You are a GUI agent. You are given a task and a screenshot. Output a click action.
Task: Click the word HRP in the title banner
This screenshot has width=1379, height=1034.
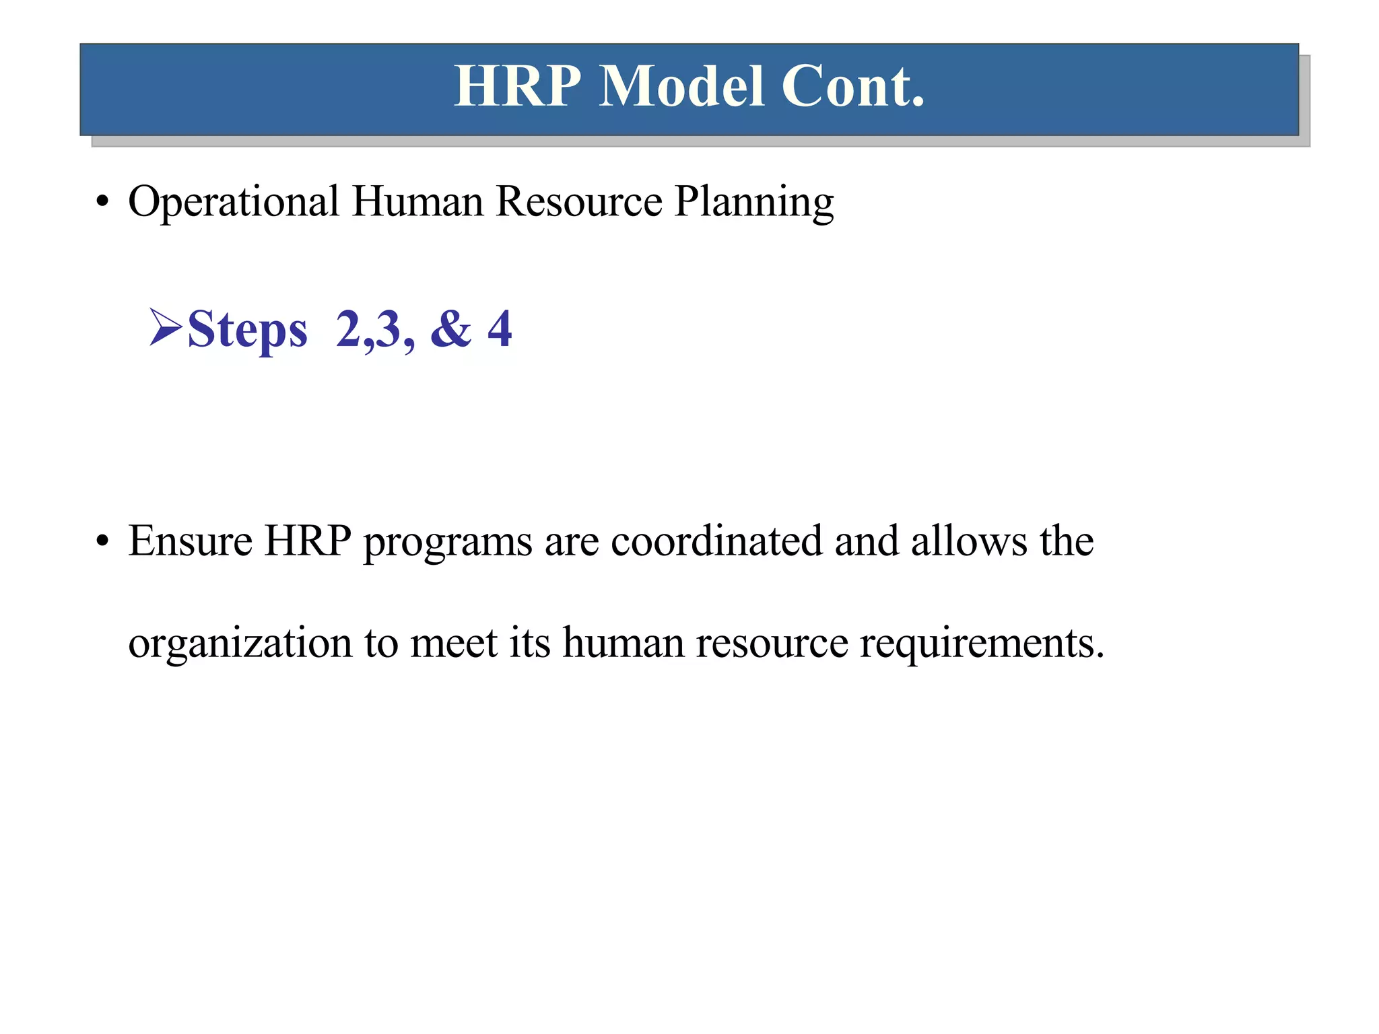[x=517, y=87]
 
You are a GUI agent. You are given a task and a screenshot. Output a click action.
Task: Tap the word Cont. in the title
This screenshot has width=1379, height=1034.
[x=853, y=87]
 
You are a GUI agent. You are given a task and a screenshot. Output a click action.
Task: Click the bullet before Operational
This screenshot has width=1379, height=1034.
[x=102, y=202]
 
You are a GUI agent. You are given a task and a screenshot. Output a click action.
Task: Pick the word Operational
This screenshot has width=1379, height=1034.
[x=234, y=202]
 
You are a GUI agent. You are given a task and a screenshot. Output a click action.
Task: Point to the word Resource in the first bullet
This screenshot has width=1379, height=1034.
[x=579, y=202]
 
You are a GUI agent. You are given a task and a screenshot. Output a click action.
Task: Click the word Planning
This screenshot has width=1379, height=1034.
[x=754, y=202]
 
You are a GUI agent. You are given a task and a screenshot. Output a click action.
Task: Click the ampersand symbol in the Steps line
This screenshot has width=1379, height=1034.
[x=450, y=329]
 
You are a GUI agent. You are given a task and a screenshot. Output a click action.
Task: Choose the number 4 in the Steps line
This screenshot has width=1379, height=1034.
[x=500, y=329]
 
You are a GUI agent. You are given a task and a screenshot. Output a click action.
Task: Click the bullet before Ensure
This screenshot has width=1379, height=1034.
[x=102, y=541]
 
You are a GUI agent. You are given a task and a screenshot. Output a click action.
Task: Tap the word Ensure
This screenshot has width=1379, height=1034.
[x=191, y=541]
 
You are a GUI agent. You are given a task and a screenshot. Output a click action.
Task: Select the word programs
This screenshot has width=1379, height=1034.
[x=448, y=543]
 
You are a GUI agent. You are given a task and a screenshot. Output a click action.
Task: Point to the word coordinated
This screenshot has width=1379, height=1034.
[x=716, y=541]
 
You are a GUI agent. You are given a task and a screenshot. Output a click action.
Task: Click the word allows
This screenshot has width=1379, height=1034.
[x=969, y=541]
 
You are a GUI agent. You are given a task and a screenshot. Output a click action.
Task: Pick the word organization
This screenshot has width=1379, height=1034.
[x=240, y=644]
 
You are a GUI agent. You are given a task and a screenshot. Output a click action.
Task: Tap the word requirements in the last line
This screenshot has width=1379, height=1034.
[x=981, y=644]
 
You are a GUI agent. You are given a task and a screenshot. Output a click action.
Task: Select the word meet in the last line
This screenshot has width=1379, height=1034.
[x=454, y=644]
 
